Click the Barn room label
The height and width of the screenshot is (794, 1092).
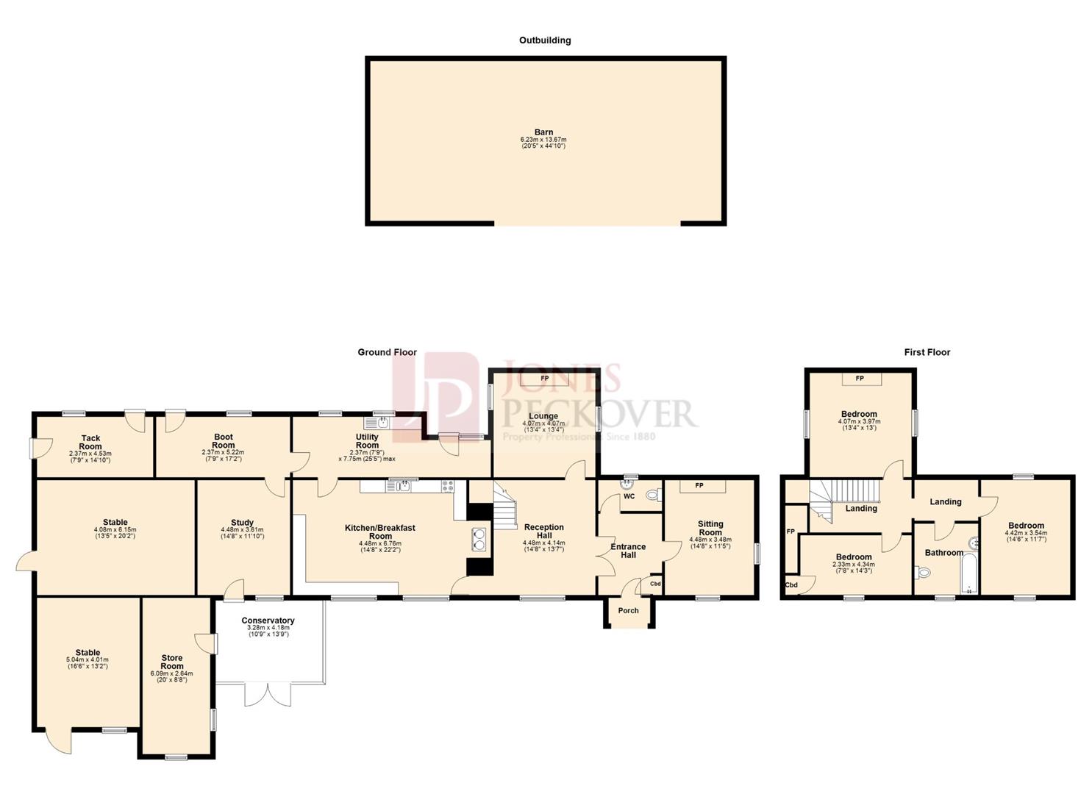click(x=543, y=132)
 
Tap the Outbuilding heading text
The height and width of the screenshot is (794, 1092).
click(x=545, y=40)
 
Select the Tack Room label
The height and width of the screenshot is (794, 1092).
click(x=90, y=442)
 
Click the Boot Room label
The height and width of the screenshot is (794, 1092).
click(x=224, y=441)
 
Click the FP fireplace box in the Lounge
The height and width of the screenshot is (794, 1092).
click(x=545, y=379)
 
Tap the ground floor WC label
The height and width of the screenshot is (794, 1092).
click(x=629, y=496)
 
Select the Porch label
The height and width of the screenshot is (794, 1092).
click(x=629, y=610)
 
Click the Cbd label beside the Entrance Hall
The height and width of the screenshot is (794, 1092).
click(x=655, y=584)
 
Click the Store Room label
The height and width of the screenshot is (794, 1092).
click(x=172, y=662)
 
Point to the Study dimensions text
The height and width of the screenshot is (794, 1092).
click(x=242, y=533)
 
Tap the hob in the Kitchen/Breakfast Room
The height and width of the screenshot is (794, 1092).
click(x=448, y=486)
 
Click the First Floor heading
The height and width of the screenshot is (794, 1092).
click(x=927, y=352)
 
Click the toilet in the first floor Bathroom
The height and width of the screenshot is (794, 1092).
click(x=924, y=573)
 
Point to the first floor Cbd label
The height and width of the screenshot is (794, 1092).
click(x=791, y=585)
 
